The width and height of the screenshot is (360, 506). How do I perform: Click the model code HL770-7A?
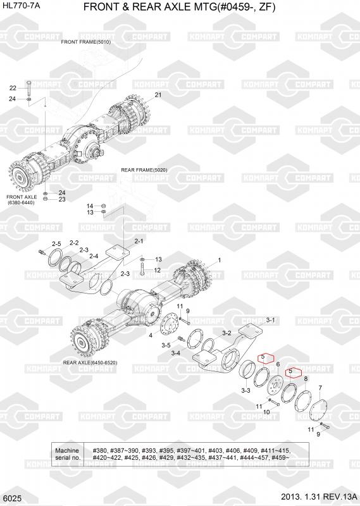[x=21, y=5]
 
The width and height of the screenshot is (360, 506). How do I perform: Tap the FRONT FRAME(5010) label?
[x=86, y=42]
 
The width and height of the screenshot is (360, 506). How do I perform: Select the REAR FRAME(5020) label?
[x=144, y=170]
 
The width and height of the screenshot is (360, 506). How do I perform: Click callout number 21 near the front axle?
[x=158, y=95]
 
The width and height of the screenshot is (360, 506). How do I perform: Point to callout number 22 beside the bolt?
[x=13, y=88]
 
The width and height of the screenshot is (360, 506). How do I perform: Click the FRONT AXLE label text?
[x=22, y=197]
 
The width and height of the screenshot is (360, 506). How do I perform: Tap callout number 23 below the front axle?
[x=62, y=199]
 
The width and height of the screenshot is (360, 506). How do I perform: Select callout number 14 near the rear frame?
[x=90, y=206]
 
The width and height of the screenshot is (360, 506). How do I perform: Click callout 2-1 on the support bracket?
[x=139, y=241]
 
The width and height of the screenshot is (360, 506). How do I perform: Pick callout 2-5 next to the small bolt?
[x=56, y=244]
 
